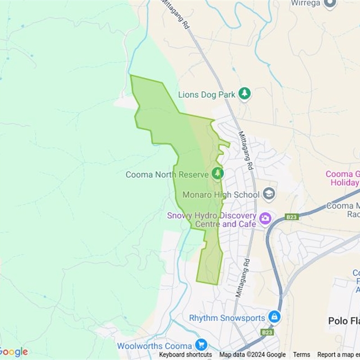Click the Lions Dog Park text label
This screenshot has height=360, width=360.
point(207,94)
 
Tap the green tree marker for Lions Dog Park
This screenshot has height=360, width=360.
point(244,94)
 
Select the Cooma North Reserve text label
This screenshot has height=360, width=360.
point(167,175)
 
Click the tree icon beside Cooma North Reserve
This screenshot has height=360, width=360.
point(218,173)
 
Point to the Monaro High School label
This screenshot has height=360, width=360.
point(221,195)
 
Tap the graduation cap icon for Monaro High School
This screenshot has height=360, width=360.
point(269,194)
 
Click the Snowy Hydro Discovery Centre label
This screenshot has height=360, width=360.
point(211,220)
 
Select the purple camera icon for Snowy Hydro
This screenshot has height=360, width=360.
point(265,219)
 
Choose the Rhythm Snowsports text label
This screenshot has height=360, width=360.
point(227,318)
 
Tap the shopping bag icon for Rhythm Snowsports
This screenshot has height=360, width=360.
point(274,317)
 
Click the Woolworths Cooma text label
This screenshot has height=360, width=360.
point(154,346)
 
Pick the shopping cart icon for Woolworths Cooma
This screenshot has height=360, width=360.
point(201,345)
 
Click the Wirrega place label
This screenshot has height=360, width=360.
point(305,3)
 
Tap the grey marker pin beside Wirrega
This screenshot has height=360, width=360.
point(330,4)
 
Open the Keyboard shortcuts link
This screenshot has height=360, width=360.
point(185,355)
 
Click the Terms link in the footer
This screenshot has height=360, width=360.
point(301,355)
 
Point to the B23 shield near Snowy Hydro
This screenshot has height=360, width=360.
point(292,217)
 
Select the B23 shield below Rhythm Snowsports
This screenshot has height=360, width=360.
point(267,332)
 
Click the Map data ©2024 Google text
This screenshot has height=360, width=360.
point(252,355)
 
